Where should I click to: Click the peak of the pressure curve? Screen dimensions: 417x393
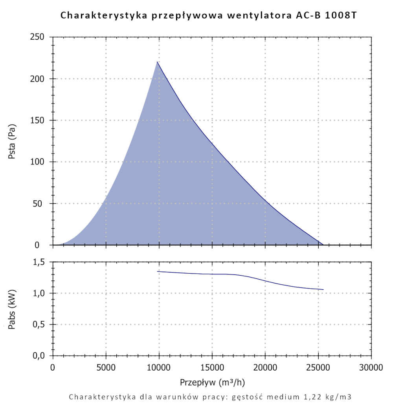click(157, 62)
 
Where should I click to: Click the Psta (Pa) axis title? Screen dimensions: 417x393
click(12, 141)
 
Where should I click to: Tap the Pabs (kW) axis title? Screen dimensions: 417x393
click(12, 309)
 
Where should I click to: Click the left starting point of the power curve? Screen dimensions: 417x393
click(157, 271)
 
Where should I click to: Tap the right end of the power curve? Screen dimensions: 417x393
click(323, 289)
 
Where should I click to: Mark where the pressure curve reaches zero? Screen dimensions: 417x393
click(323, 245)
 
